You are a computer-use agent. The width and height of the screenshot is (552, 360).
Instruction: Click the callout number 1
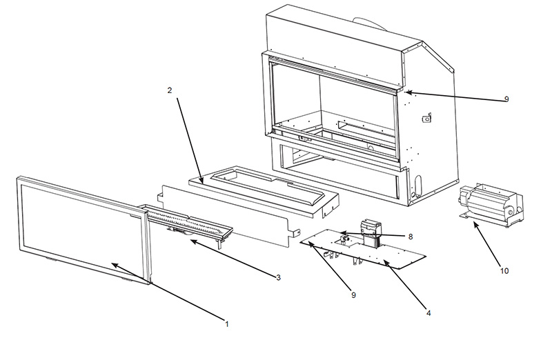pos(227,323)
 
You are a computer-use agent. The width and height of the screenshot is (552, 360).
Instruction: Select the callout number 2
pos(170,90)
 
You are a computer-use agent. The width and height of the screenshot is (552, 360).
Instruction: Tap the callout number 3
pos(279,278)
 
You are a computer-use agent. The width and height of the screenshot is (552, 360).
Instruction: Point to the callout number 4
pos(428,313)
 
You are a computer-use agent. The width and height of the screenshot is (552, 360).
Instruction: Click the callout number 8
pos(411,237)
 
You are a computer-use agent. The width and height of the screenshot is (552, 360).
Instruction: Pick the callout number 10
pos(504,271)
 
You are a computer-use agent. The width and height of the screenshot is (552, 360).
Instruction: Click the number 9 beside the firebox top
pos(506,99)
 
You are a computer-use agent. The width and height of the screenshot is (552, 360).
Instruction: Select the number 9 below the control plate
pos(353,295)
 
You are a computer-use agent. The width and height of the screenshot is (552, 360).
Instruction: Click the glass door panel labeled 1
pos(83,230)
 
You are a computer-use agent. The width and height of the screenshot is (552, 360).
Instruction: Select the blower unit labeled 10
pos(492,204)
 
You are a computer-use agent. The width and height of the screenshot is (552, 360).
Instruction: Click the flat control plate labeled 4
pos(363,250)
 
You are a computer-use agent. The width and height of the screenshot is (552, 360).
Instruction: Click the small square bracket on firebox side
pos(427,118)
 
